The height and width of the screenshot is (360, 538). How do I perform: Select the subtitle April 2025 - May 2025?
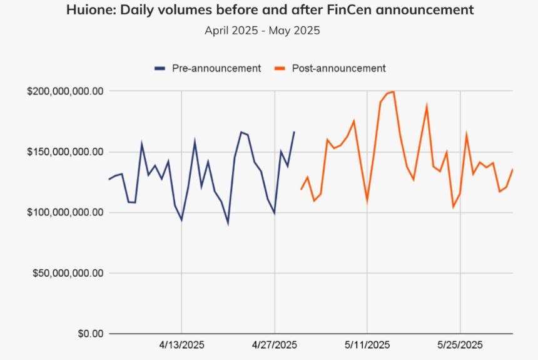point(262,30)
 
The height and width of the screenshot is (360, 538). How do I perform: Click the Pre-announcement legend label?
point(216,68)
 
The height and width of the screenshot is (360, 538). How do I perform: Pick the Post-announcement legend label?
point(338,68)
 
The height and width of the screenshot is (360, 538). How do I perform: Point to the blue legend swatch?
point(160,68)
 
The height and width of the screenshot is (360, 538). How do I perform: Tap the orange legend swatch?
point(280,68)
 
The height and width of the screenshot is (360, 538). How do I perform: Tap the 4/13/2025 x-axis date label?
point(181,345)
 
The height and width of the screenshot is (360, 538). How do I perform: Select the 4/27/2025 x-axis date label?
point(275,345)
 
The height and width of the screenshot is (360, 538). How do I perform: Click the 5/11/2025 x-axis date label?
point(367,345)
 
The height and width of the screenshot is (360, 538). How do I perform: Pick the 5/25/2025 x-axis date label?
point(460,345)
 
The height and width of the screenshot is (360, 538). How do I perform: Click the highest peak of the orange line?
point(393,92)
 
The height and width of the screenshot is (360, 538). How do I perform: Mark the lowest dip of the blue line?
point(228,223)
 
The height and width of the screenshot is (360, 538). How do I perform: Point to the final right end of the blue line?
point(294,132)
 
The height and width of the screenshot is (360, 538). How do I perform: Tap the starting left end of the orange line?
point(301,189)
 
